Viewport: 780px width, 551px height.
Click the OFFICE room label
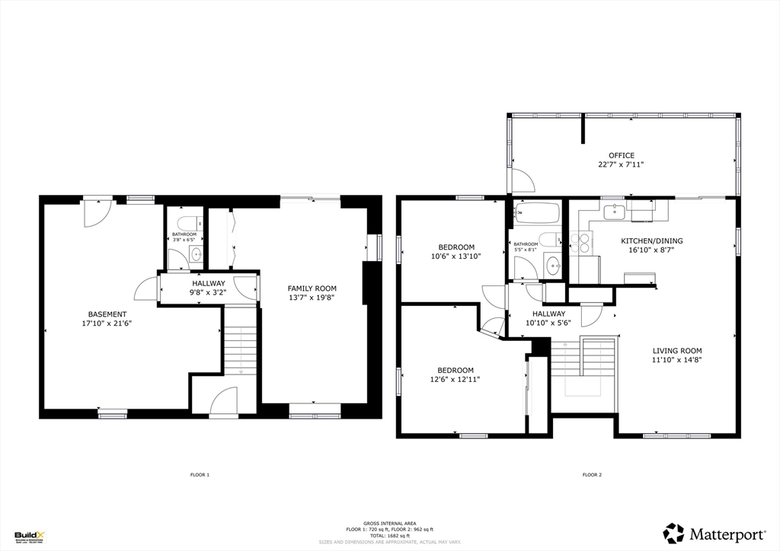point(621,155)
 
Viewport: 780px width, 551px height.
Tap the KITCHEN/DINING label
point(651,240)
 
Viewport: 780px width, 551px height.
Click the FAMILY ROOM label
point(312,288)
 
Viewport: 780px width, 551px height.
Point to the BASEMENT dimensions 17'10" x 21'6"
point(107,323)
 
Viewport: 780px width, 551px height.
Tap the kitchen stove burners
point(583,243)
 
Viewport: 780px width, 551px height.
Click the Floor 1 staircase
point(241,349)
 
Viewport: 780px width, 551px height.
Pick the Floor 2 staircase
point(583,358)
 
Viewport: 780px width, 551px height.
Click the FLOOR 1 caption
point(200,475)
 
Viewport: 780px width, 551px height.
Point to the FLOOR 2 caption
point(592,475)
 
